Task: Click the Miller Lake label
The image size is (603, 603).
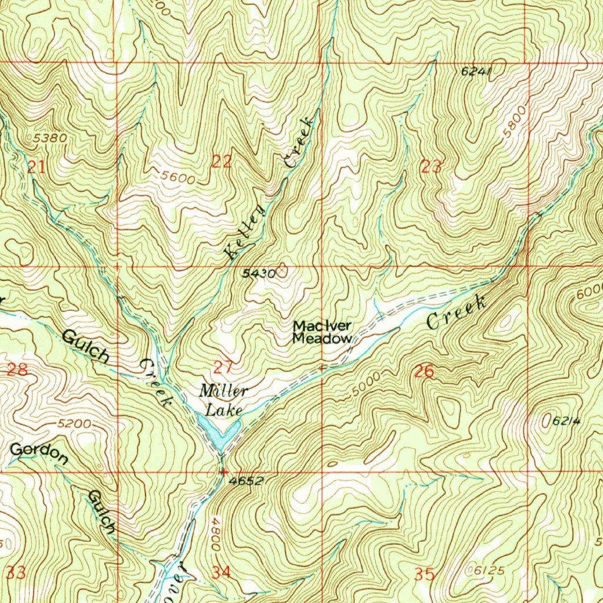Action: [x=223, y=398]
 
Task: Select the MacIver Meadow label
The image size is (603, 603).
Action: [x=323, y=332]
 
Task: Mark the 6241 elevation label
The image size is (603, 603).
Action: [x=476, y=71]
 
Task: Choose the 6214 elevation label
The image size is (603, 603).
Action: [x=567, y=422]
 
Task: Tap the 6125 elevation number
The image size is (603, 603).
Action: [x=489, y=570]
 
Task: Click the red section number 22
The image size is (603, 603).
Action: [x=221, y=163]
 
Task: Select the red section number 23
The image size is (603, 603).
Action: [x=431, y=167]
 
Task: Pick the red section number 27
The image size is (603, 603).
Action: [x=223, y=369]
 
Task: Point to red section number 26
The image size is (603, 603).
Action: [x=424, y=372]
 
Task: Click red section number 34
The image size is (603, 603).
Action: [x=221, y=572]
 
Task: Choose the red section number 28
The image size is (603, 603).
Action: [x=18, y=370]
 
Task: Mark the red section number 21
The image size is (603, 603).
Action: [x=36, y=167]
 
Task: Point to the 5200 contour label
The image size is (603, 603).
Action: [x=75, y=424]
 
